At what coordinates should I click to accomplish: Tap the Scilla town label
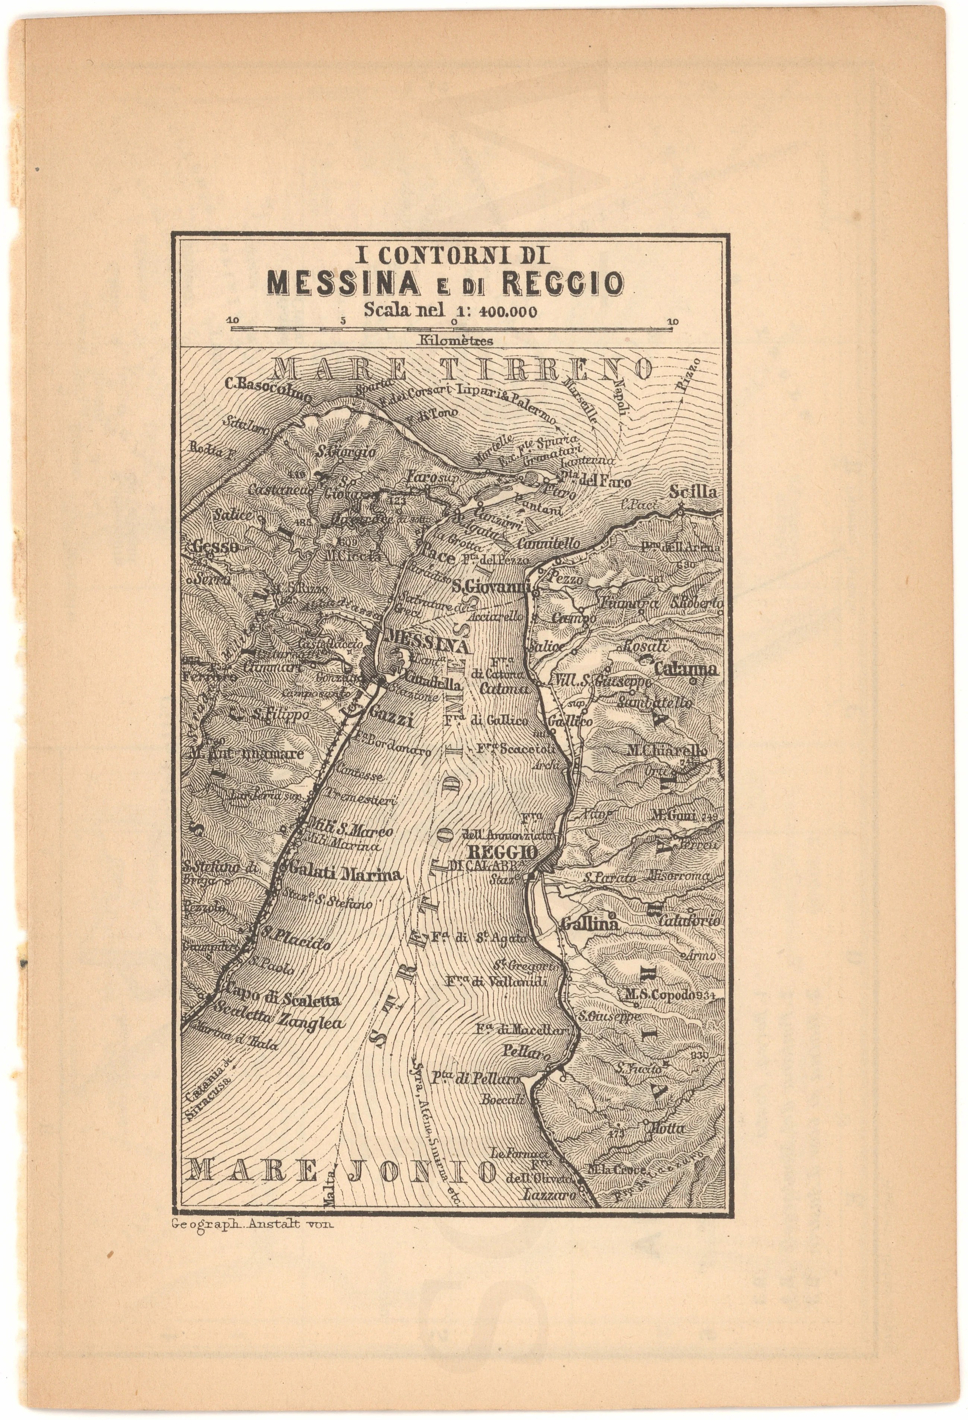coord(693,492)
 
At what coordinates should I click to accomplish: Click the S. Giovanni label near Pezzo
coord(489,587)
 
